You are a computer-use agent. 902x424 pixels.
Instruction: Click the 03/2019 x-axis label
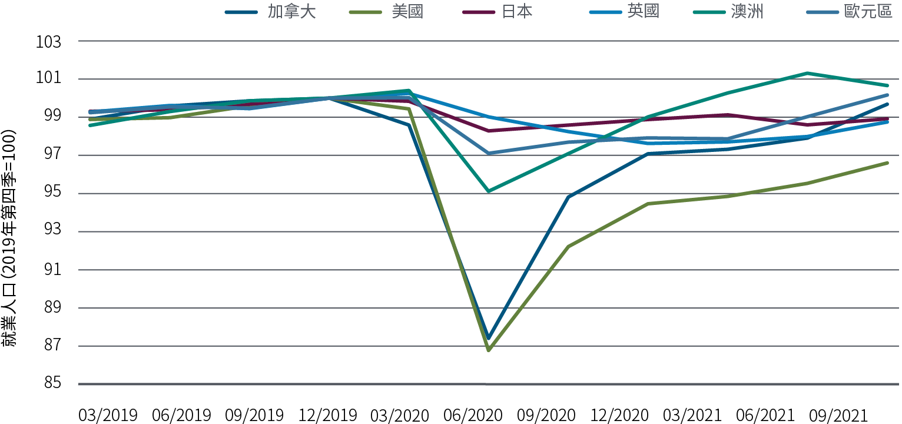click(108, 415)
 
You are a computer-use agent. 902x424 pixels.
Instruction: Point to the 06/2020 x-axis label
click(473, 415)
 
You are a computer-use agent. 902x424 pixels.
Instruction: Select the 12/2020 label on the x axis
click(619, 415)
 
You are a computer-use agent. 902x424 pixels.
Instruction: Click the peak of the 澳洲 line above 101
click(808, 73)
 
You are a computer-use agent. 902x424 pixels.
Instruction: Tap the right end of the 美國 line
click(887, 163)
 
